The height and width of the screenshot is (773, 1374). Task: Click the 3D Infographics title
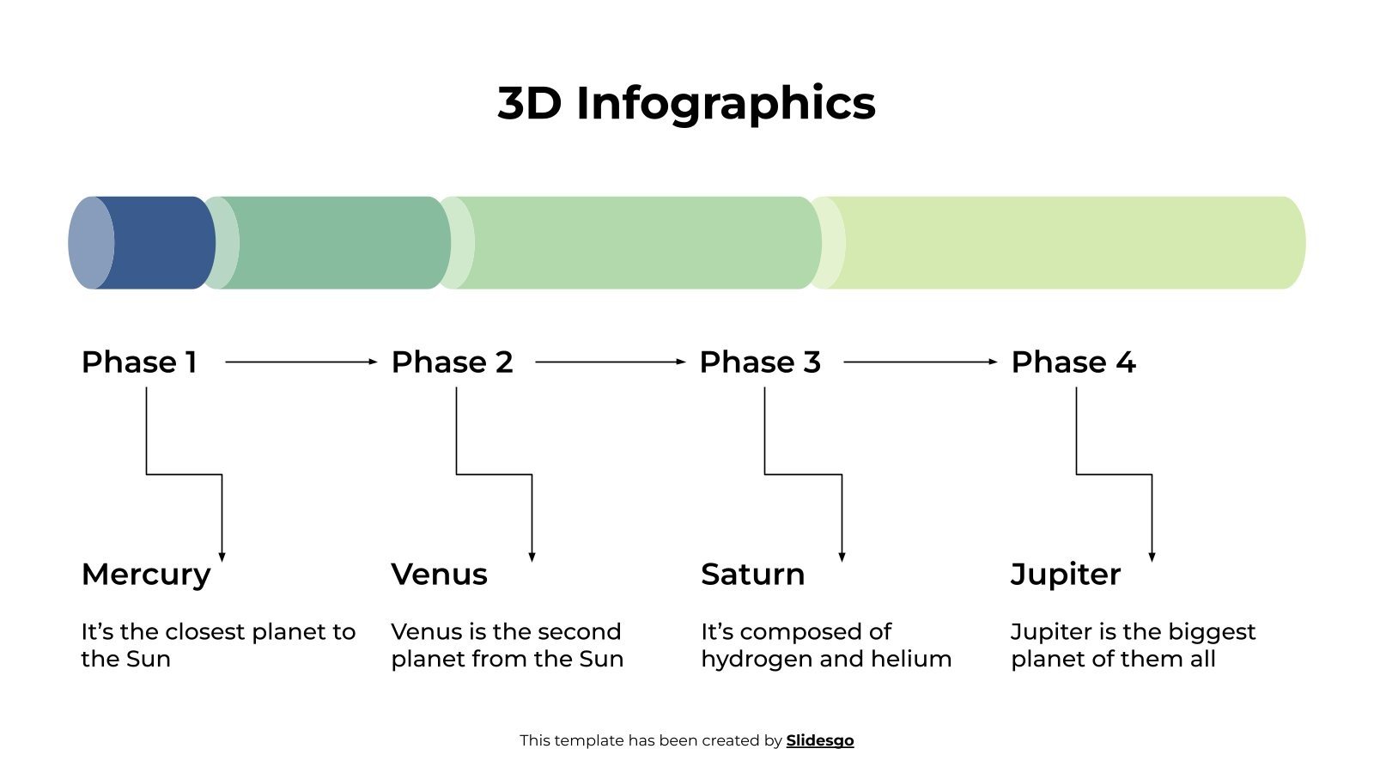686,103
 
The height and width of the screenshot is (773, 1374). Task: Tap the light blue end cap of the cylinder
88,243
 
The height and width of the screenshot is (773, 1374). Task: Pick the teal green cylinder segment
339,243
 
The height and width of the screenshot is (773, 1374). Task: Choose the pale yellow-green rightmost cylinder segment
1065,243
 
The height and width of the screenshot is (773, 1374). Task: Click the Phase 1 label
139,362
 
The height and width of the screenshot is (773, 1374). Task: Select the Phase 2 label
452,362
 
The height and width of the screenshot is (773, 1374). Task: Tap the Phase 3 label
760,362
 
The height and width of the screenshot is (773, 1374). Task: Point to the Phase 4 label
1073,362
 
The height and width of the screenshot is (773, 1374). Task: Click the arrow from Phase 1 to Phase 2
301,362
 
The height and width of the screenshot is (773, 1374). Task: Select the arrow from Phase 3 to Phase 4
920,362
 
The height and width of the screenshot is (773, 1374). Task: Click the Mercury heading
146,575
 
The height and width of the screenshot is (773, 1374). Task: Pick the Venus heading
439,575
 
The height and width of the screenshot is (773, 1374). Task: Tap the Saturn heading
752,575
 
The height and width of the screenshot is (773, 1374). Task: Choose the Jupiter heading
1065,575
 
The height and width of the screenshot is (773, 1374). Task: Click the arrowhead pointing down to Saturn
842,557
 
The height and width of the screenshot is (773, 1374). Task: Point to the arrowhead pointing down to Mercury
222,557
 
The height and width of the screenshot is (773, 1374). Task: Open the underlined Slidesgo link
819,740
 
